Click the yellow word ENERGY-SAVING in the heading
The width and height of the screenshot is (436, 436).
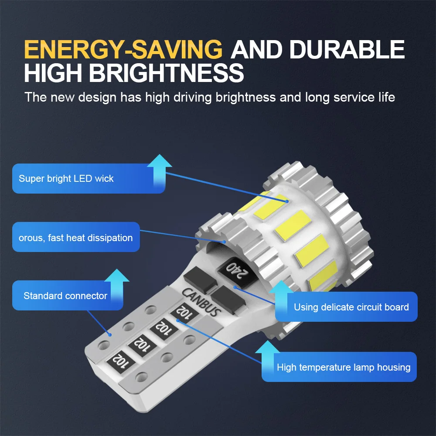coord(123,50)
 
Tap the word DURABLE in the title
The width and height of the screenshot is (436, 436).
coord(347,50)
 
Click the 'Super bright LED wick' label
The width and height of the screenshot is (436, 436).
coord(66,179)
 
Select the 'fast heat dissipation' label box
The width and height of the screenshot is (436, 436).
coord(76,238)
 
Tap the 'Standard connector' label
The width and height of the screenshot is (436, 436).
coord(65,296)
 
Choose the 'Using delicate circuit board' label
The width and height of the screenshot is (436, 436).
coord(351,307)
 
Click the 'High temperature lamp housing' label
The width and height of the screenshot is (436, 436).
coord(344,367)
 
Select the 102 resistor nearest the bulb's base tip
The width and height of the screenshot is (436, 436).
coord(119,361)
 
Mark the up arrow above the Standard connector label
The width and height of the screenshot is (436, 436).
coord(117,280)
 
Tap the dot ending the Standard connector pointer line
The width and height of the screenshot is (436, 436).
coord(109,335)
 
